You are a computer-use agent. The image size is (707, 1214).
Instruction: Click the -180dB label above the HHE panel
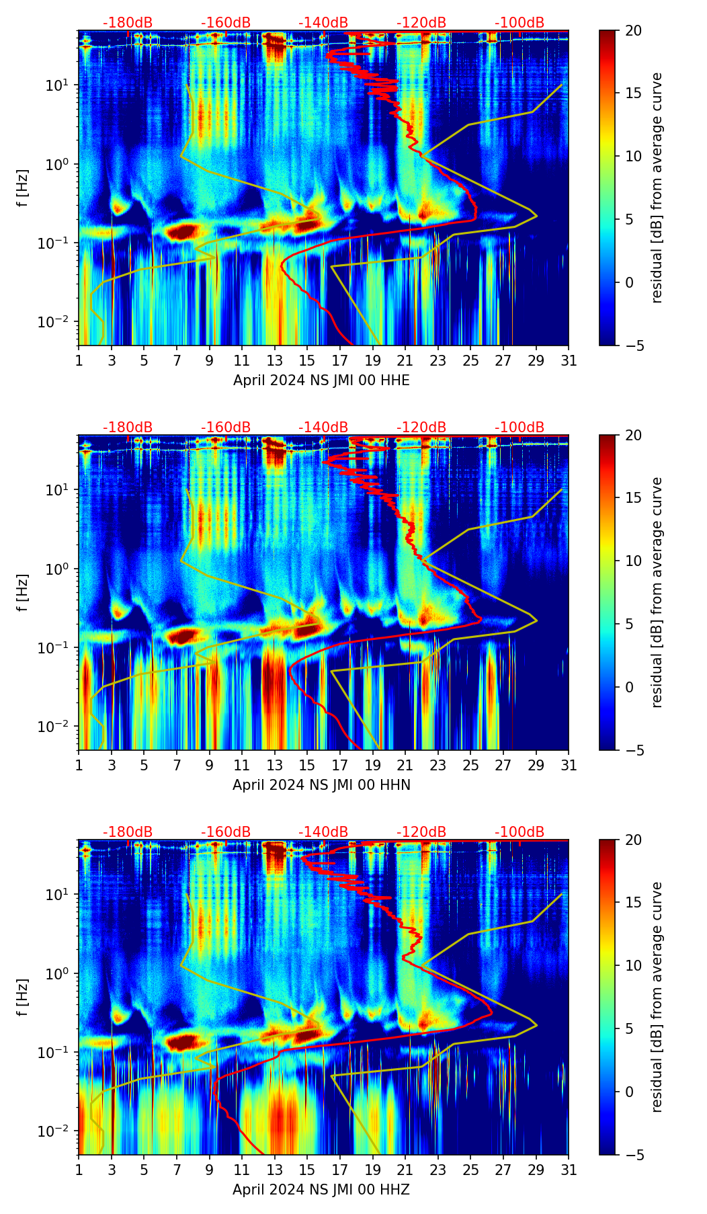tap(128, 23)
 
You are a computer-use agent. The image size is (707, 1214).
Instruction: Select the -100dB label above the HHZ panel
tap(519, 832)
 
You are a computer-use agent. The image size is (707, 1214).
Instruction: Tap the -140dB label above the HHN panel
tap(323, 428)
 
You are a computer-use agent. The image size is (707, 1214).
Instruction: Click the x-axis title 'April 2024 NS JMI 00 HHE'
tap(321, 380)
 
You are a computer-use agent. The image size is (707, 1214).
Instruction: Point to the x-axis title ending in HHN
tap(321, 785)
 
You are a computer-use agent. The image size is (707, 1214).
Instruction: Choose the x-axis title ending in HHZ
tap(321, 1190)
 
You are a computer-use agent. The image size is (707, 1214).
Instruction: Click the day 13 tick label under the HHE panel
tap(275, 361)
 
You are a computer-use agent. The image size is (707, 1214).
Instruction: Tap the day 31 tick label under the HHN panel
tap(569, 766)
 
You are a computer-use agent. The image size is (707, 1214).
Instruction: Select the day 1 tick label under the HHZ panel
tap(79, 1170)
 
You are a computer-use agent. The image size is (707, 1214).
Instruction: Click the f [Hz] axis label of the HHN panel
tap(23, 592)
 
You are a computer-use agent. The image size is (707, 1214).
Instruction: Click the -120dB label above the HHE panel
tap(421, 23)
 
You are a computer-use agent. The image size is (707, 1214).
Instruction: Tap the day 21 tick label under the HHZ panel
tap(405, 1170)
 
